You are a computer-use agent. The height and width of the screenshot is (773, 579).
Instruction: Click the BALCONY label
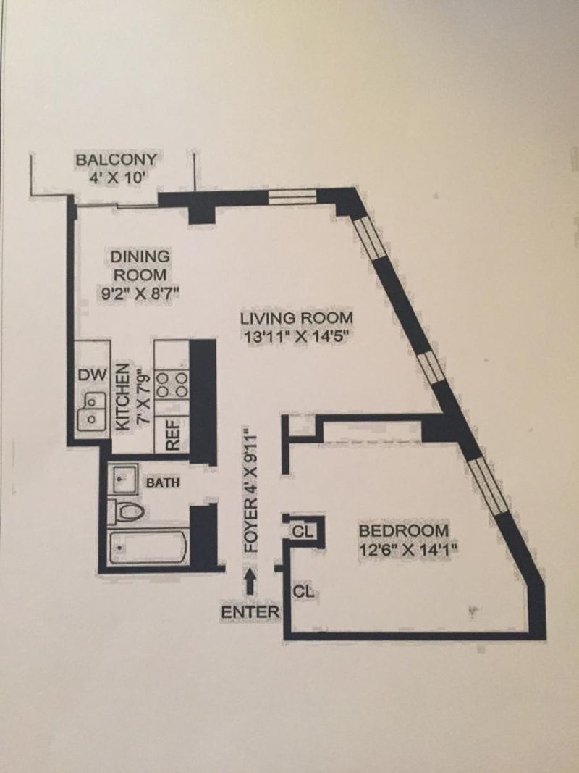[116, 160]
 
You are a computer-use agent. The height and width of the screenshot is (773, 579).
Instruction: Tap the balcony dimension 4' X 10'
[118, 177]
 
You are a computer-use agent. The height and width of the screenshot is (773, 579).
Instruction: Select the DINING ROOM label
[140, 265]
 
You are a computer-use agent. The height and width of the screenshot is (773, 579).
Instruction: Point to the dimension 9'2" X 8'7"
[138, 293]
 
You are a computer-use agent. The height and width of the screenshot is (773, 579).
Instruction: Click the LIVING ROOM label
[297, 318]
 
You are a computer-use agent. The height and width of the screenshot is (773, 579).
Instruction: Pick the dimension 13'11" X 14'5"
[297, 337]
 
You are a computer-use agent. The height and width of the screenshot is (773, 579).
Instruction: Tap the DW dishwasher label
[92, 375]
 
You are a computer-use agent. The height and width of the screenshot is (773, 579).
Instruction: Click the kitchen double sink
[92, 411]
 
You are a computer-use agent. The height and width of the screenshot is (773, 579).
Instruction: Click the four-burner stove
[172, 385]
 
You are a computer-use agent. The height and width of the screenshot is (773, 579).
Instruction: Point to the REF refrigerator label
[172, 435]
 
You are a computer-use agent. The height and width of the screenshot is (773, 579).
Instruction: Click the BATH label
[163, 482]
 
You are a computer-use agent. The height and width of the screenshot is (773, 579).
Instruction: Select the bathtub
[148, 547]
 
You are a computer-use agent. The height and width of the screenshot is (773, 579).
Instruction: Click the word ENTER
[250, 612]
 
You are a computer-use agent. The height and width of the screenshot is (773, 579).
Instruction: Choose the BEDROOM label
[404, 531]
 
